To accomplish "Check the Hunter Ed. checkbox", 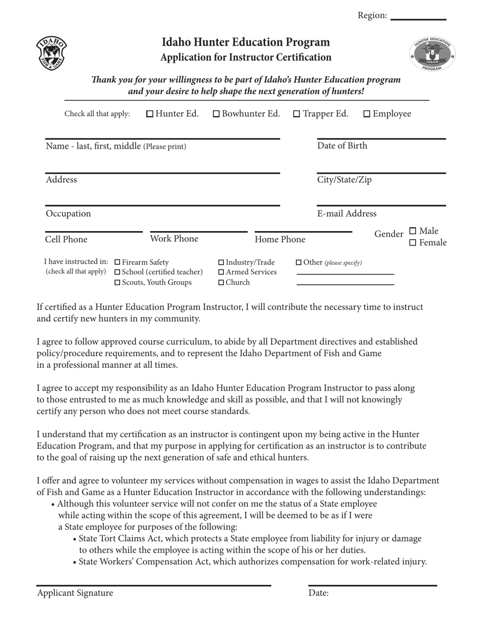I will click(150, 114).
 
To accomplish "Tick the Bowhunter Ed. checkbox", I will click(216, 114).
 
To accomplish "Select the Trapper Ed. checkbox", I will click(297, 114).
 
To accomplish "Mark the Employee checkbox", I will click(367, 114).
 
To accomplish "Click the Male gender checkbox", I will click(413, 230).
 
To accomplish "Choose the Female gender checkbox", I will click(413, 242).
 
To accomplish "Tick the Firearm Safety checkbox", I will click(117, 263).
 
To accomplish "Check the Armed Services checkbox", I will click(222, 272).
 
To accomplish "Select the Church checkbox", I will click(222, 283).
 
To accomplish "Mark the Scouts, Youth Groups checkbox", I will click(117, 283).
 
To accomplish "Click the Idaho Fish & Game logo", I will click(51, 53).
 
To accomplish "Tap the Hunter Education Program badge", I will click(432, 54).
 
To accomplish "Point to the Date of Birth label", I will click(342, 146).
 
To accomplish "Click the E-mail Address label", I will click(346, 213).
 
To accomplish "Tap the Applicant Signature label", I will click(75, 593).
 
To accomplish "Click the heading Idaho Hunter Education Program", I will click(245, 42).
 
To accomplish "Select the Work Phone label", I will click(174, 239).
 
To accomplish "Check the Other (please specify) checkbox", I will click(298, 263).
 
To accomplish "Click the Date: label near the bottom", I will click(319, 593).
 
